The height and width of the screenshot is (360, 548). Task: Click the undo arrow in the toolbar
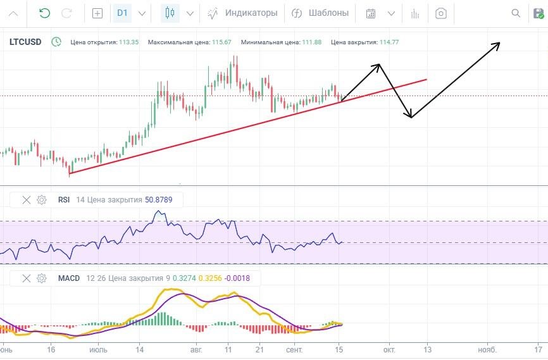click(44, 13)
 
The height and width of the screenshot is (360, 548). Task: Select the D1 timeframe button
click(123, 13)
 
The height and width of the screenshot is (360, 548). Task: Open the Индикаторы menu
click(243, 13)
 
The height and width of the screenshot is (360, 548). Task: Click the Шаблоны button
click(320, 13)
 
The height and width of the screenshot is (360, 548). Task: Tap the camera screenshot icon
click(442, 13)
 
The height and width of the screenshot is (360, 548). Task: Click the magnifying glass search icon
click(516, 13)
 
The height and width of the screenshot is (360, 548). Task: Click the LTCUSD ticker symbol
click(25, 42)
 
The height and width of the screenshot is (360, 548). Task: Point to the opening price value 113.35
click(128, 42)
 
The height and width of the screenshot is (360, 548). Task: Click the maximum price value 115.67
click(221, 42)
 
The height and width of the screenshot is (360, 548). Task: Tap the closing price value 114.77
click(389, 42)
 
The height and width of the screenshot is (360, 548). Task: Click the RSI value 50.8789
click(163, 200)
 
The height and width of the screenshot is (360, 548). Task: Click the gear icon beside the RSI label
click(42, 200)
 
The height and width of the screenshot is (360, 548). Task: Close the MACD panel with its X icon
click(27, 278)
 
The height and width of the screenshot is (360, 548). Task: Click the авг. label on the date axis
click(197, 349)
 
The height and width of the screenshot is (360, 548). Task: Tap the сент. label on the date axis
click(294, 349)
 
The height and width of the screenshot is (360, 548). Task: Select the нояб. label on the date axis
click(486, 349)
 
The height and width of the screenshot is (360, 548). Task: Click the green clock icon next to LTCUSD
click(56, 42)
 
